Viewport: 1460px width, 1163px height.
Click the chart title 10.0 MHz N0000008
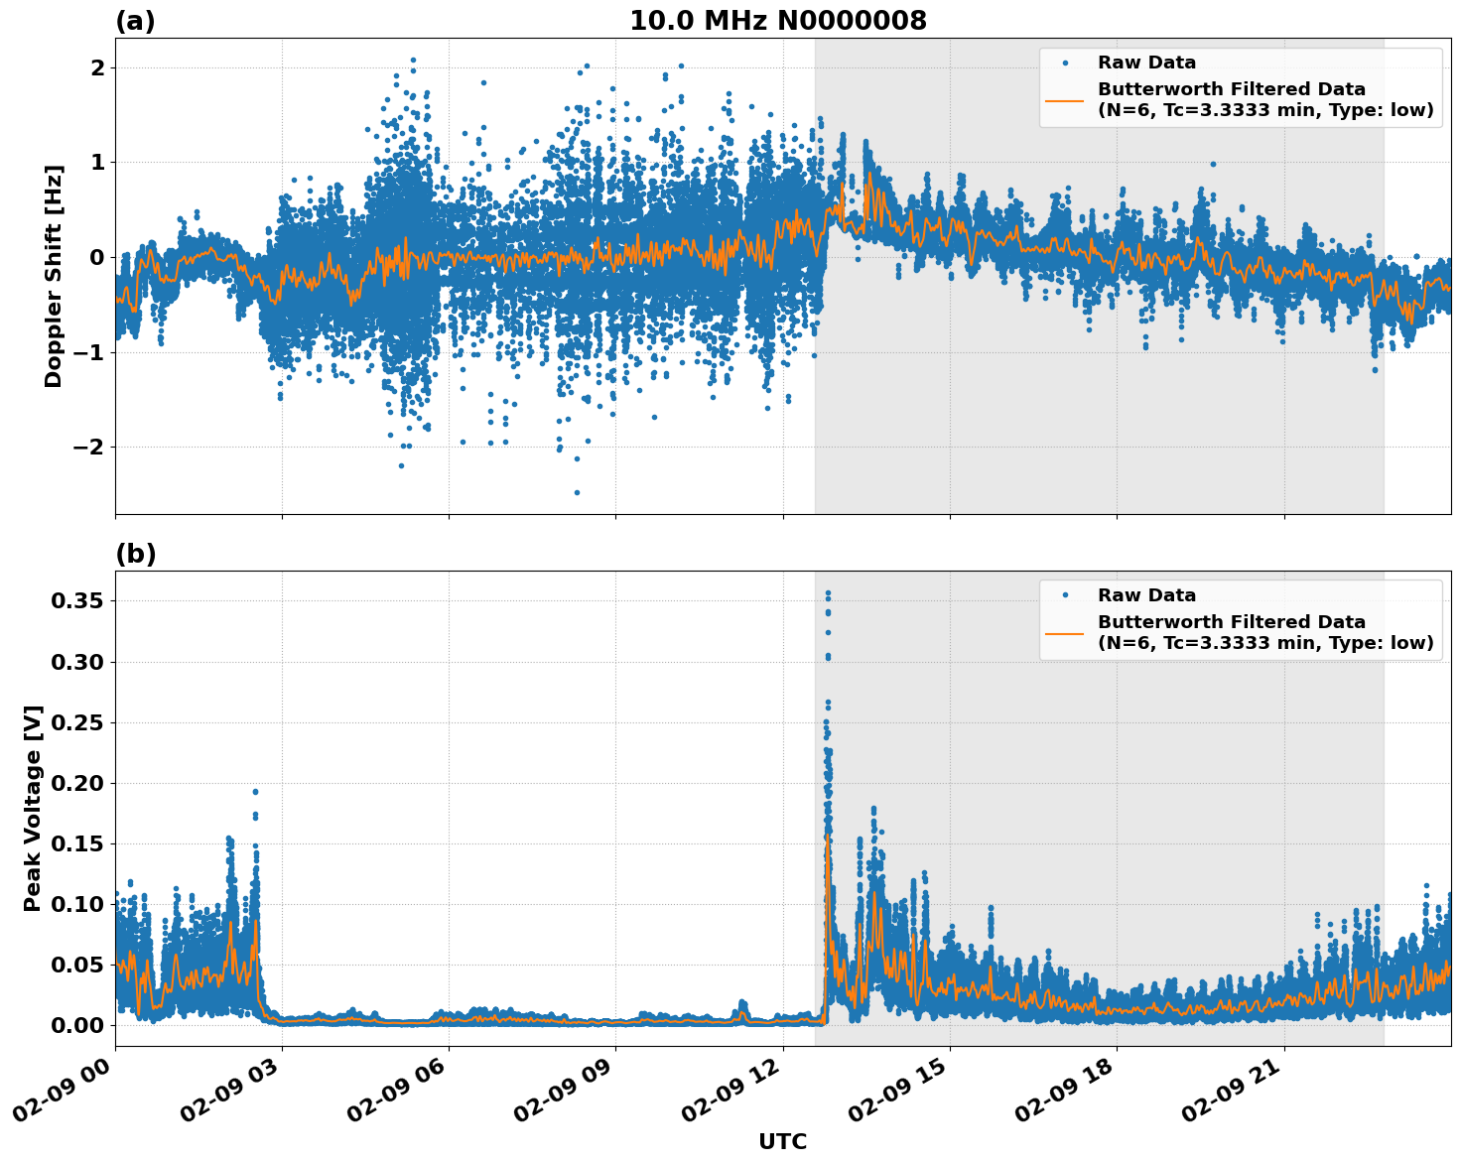[777, 21]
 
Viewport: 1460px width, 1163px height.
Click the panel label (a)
[135, 21]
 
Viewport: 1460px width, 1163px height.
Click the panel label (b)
[135, 554]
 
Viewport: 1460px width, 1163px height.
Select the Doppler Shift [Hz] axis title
[54, 276]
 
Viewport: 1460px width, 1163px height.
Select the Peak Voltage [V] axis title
[33, 809]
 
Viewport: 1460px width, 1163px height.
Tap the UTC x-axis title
[782, 1141]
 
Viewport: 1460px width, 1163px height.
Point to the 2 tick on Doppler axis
[97, 67]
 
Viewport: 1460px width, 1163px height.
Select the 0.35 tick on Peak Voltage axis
[82, 600]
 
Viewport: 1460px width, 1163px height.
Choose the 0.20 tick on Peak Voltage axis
[82, 783]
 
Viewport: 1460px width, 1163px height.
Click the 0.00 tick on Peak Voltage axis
[82, 1025]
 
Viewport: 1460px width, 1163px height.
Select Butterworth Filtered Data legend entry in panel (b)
[1231, 632]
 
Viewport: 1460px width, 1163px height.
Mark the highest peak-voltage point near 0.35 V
[828, 593]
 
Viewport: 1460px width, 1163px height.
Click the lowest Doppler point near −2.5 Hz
[577, 492]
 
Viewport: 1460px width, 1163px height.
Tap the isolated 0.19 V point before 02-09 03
[255, 792]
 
